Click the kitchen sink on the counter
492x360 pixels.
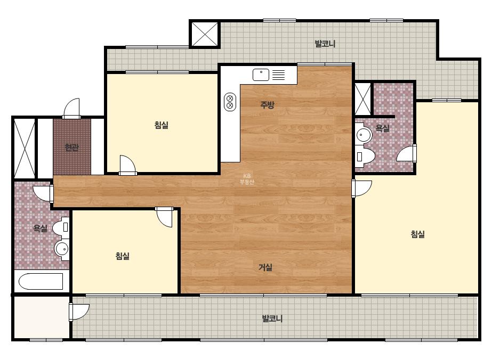pyautogui.click(x=261, y=75)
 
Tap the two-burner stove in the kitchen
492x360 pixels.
pyautogui.click(x=230, y=102)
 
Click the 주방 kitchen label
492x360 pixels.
pyautogui.click(x=268, y=104)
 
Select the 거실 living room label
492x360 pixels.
pyautogui.click(x=265, y=267)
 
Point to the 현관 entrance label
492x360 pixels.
pyautogui.click(x=72, y=147)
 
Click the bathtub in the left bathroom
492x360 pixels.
pyautogui.click(x=41, y=281)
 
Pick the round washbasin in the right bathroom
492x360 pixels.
pyautogui.click(x=364, y=135)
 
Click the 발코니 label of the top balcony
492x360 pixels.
pyautogui.click(x=325, y=44)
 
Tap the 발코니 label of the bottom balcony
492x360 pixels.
pyautogui.click(x=272, y=318)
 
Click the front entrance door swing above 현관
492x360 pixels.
pyautogui.click(x=72, y=109)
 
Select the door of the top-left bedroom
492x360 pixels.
pyautogui.click(x=127, y=165)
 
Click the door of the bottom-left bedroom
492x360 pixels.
pyautogui.click(x=164, y=216)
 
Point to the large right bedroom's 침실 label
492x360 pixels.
pyautogui.click(x=418, y=234)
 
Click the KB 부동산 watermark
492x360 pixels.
pyautogui.click(x=247, y=179)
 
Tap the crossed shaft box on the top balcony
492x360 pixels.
pyautogui.click(x=205, y=34)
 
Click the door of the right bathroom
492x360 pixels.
pyautogui.click(x=407, y=154)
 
